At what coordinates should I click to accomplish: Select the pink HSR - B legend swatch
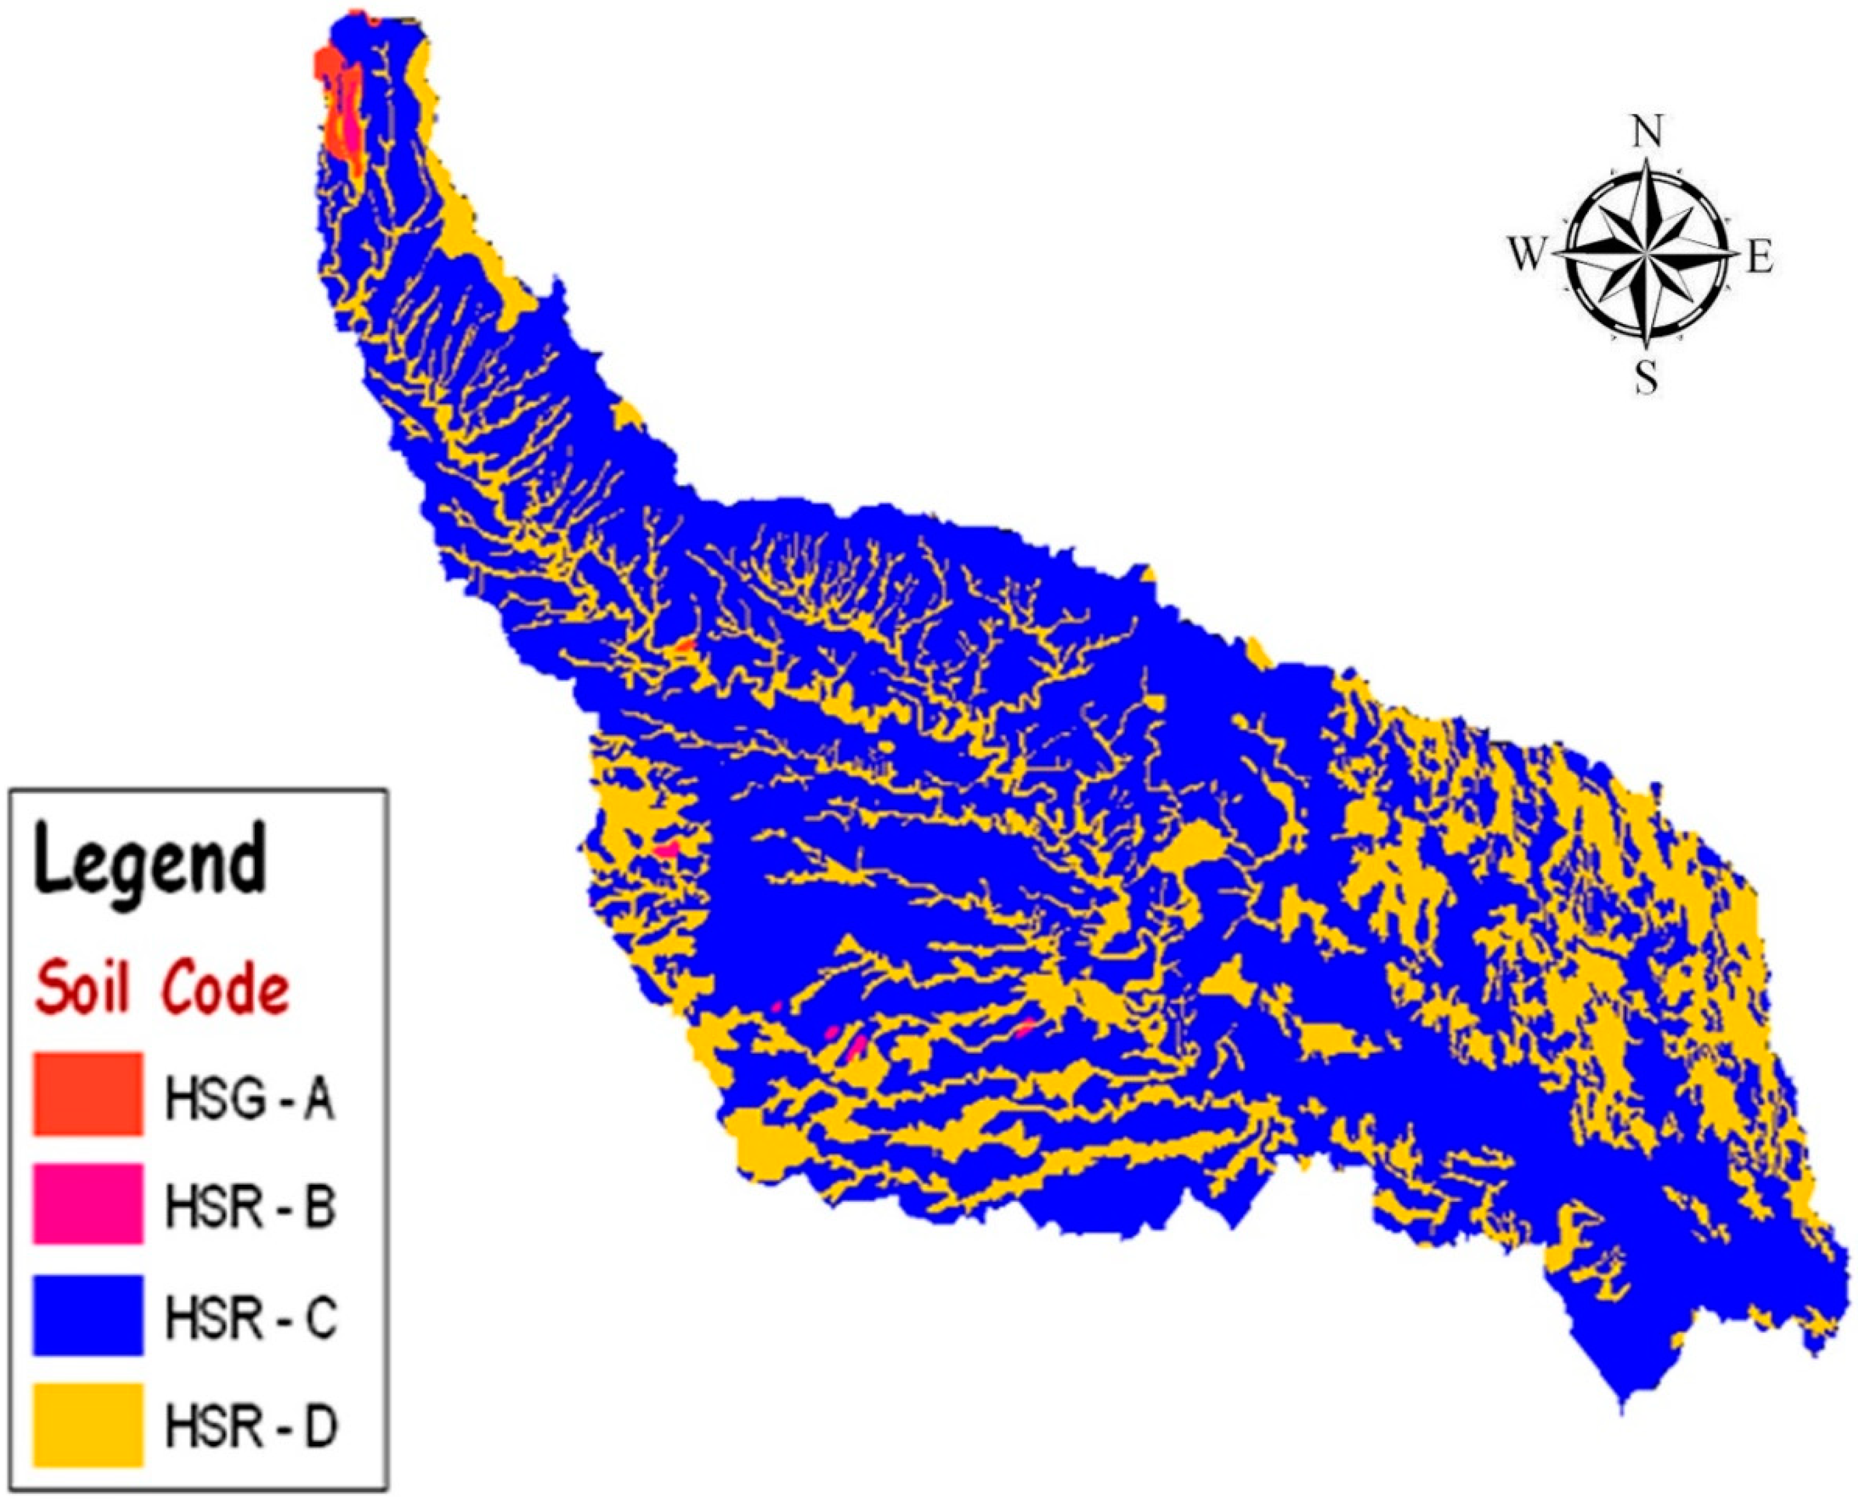[x=87, y=1204]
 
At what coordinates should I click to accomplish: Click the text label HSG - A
[x=249, y=1100]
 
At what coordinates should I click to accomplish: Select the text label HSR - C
[x=249, y=1318]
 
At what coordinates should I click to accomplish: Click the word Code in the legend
[x=225, y=990]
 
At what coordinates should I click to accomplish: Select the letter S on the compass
[x=1647, y=377]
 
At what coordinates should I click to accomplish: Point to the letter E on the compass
[x=1759, y=257]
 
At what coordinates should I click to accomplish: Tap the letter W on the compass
[x=1525, y=255]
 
